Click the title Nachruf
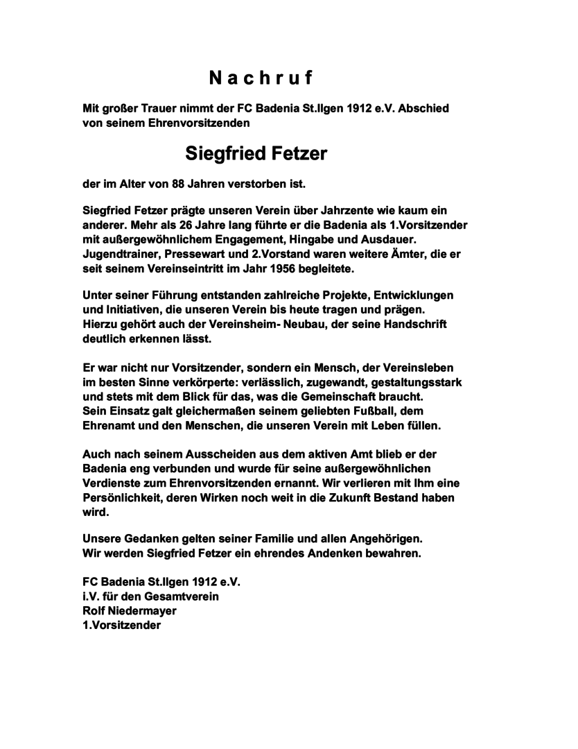[x=261, y=78]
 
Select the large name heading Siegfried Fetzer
[x=256, y=153]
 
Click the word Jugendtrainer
[x=122, y=255]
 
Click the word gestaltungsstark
[x=414, y=383]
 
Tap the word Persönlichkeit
[x=123, y=497]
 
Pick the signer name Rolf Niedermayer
[x=130, y=610]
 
